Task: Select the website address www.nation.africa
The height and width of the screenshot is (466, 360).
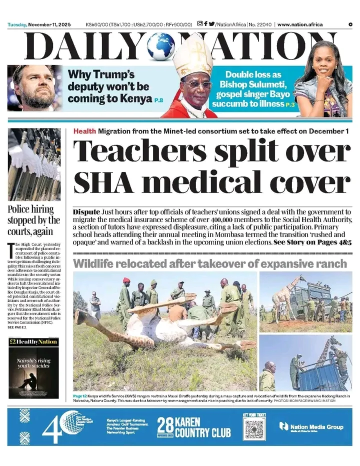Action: pyautogui.click(x=300, y=24)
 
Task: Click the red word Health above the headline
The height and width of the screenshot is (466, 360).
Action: pyautogui.click(x=84, y=131)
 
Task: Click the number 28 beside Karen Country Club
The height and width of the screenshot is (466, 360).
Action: pyautogui.click(x=165, y=426)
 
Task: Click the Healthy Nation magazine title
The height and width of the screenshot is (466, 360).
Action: pyautogui.click(x=33, y=342)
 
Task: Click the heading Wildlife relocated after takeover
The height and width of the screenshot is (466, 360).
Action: pyautogui.click(x=210, y=263)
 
